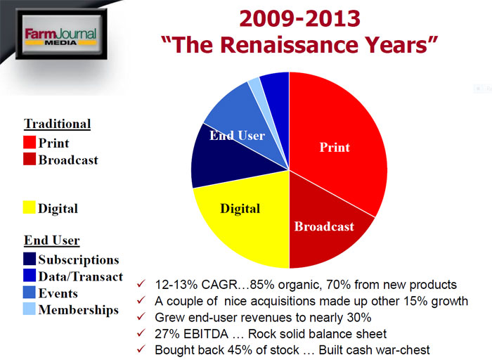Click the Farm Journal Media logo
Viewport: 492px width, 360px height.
point(61,34)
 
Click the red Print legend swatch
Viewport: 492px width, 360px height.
point(30,142)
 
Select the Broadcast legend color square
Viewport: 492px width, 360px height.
point(30,159)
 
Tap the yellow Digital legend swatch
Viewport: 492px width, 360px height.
point(30,207)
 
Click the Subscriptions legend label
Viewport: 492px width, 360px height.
point(79,260)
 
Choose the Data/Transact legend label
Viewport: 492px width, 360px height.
point(81,276)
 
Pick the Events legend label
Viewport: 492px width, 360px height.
point(58,293)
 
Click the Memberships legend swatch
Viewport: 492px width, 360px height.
point(30,309)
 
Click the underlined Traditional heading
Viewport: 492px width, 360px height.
point(58,124)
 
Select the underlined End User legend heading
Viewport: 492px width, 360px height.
point(52,240)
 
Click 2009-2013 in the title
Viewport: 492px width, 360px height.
point(299,18)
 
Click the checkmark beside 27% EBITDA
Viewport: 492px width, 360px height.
point(141,333)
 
